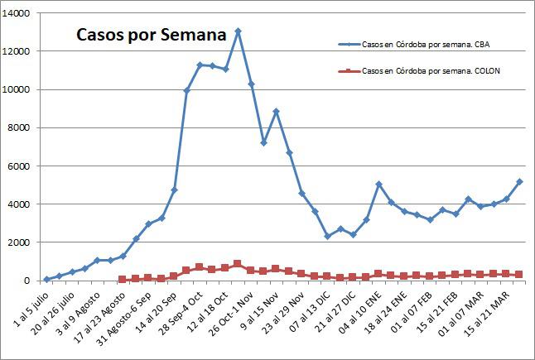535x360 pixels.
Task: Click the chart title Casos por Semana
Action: (151, 36)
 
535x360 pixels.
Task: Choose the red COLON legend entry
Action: (430, 71)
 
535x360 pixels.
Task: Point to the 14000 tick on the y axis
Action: (17, 14)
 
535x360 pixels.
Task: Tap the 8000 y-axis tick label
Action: (19, 128)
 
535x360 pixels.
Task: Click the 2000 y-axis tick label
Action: (19, 242)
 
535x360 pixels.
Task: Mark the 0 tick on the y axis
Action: (26, 281)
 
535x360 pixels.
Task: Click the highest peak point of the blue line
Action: (238, 31)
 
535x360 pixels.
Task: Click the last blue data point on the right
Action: (519, 181)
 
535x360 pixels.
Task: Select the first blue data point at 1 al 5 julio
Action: (46, 279)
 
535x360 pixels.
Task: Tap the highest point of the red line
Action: (238, 264)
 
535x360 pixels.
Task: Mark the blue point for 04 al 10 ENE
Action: (378, 185)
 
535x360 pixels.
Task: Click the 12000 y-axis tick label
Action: (17, 52)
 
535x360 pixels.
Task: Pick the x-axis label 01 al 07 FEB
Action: (416, 313)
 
